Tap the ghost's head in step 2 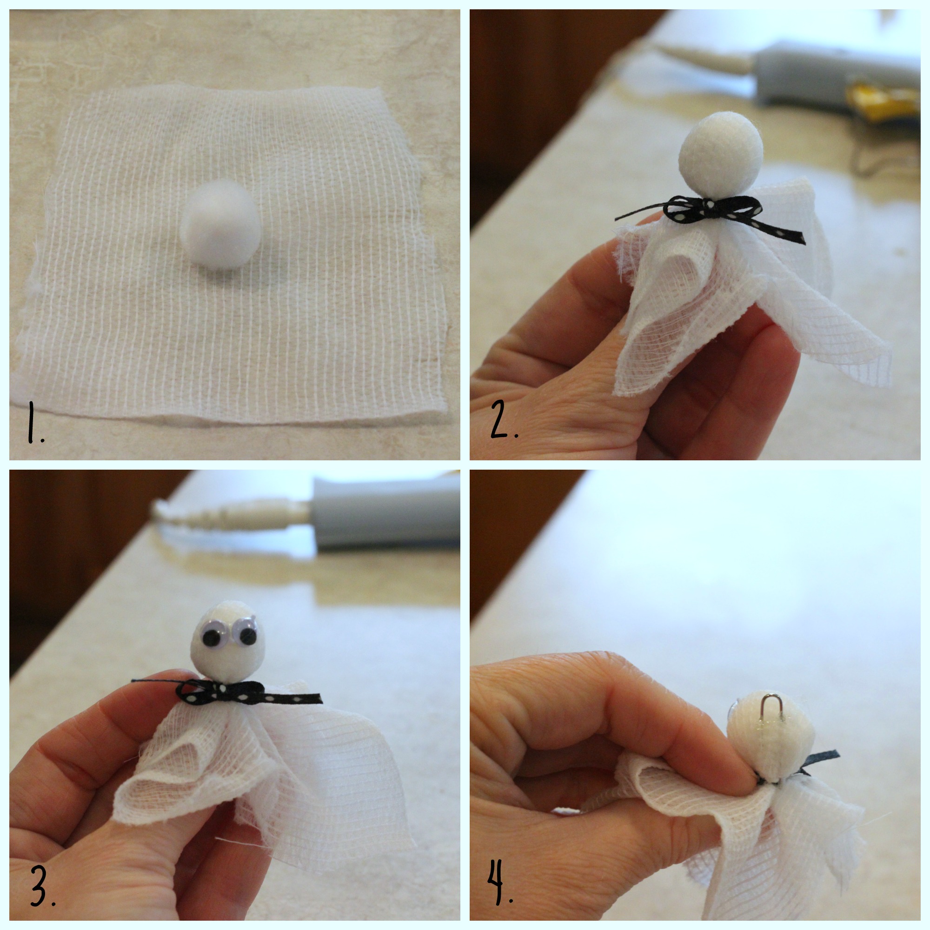721,154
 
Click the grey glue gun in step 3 385,512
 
